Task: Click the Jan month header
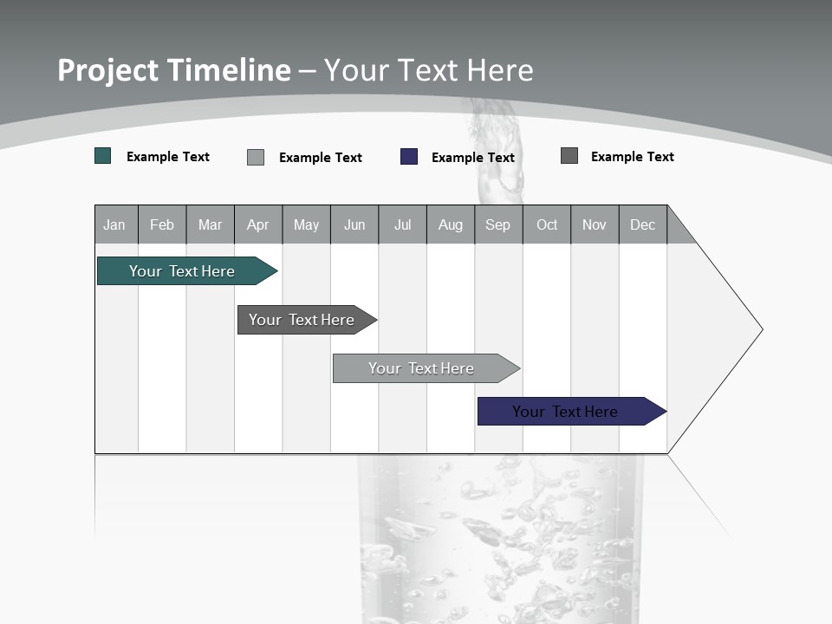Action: point(115,224)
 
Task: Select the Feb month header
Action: point(162,224)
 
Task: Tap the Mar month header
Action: point(210,224)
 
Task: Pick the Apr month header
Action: point(258,224)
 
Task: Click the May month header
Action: point(306,224)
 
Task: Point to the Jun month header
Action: point(354,224)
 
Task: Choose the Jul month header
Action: point(402,224)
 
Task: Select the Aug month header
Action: point(451,224)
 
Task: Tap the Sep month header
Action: point(498,224)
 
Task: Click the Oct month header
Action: point(547,224)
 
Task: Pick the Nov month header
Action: point(595,224)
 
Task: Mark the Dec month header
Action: point(643,224)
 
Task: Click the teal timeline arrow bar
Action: point(183,271)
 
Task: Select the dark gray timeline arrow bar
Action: point(302,320)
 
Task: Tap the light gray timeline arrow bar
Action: point(422,368)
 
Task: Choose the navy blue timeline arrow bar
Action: point(566,412)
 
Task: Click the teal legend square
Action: point(103,156)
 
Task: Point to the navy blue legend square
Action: point(409,157)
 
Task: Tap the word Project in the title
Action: point(107,70)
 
